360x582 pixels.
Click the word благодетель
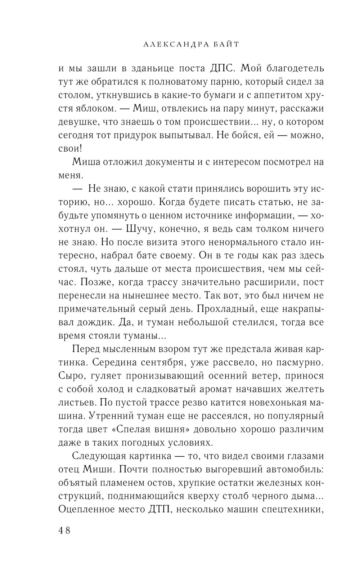click(x=292, y=68)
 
